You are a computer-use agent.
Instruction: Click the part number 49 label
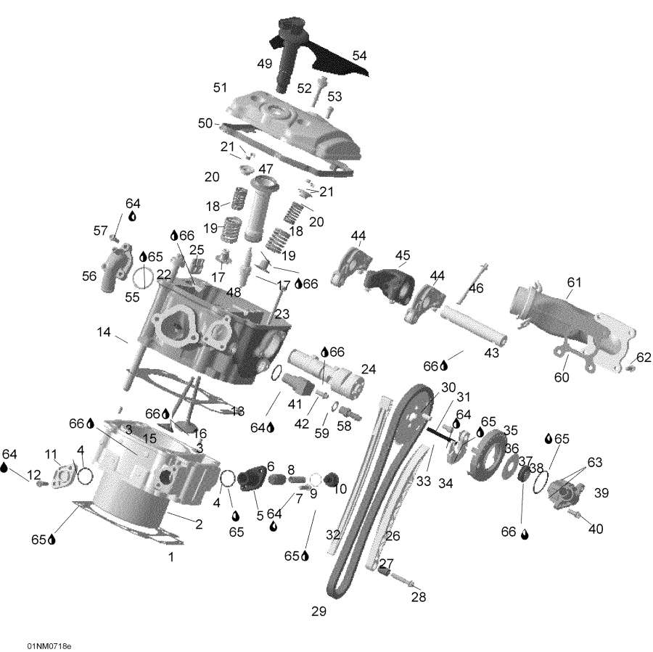[264, 64]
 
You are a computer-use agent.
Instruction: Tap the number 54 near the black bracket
[360, 55]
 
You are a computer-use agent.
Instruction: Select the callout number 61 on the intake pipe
[575, 281]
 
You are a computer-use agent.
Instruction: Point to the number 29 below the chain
[319, 611]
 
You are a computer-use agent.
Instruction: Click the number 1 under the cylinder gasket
[171, 558]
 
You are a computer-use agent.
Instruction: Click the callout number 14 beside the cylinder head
[104, 332]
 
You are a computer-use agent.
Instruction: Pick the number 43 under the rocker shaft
[492, 352]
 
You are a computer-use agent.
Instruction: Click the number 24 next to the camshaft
[369, 369]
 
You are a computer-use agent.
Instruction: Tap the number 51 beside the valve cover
[220, 88]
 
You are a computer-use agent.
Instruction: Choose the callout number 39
[601, 493]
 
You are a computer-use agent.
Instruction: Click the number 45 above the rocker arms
[403, 255]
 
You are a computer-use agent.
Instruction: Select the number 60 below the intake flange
[562, 377]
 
